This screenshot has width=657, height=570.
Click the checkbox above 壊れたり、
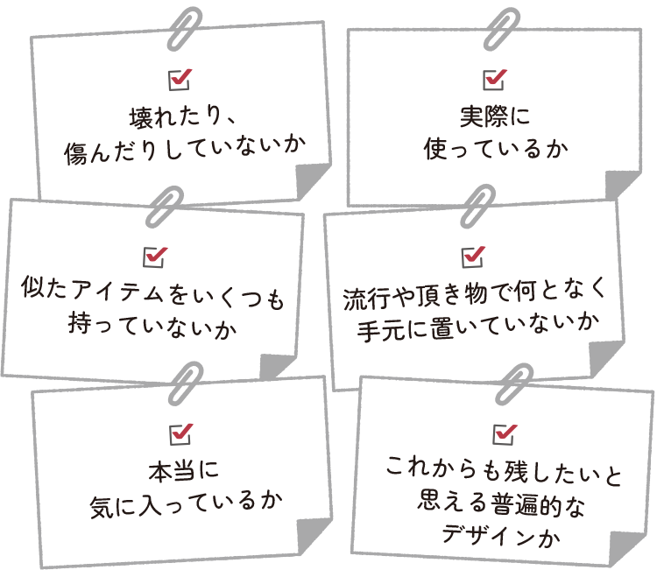[x=179, y=81]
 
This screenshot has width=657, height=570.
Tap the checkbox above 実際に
[x=495, y=79]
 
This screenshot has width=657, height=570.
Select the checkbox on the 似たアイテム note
[x=154, y=257]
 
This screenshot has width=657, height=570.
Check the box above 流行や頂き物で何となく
[x=472, y=256]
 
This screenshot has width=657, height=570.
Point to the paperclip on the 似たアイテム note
[x=164, y=205]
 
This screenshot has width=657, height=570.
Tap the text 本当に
[x=181, y=470]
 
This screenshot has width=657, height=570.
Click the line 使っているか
[x=495, y=150]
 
